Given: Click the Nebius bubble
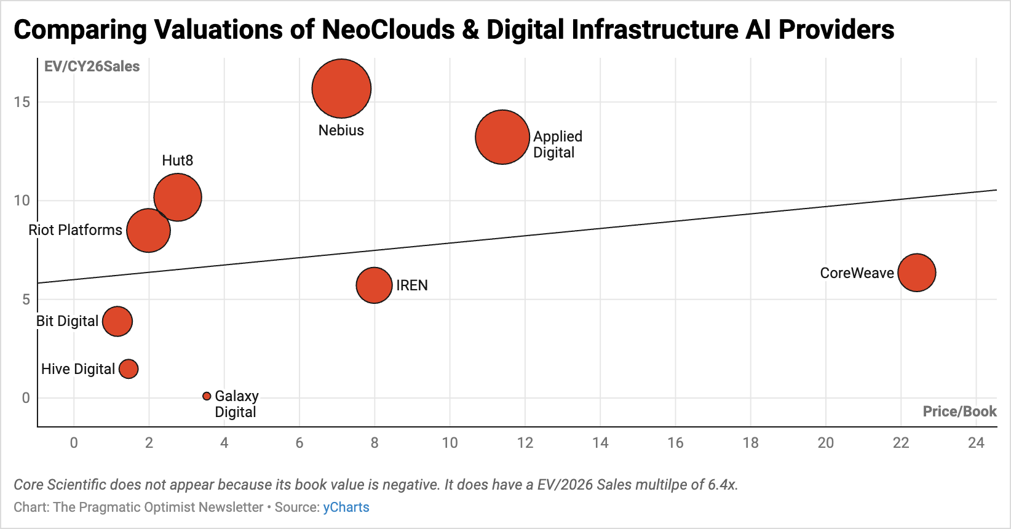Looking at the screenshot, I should pyautogui.click(x=341, y=89).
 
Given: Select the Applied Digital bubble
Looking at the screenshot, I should pyautogui.click(x=502, y=137).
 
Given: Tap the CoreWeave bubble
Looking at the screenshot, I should pyautogui.click(x=916, y=272).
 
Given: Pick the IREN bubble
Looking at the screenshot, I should pyautogui.click(x=374, y=285).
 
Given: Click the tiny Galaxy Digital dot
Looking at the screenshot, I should pyautogui.click(x=207, y=396).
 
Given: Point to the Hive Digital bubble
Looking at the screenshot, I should pyautogui.click(x=129, y=369).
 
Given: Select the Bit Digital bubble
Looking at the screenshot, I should pyautogui.click(x=117, y=321).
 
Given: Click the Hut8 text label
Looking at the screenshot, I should pyautogui.click(x=178, y=161).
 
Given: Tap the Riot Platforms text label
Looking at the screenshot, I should pyautogui.click(x=76, y=230).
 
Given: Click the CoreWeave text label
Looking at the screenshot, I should pyautogui.click(x=857, y=273).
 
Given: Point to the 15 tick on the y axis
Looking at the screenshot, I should pyautogui.click(x=22, y=102).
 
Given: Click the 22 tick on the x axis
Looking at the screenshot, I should pyautogui.click(x=900, y=443).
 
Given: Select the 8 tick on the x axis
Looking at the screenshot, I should pyautogui.click(x=374, y=443).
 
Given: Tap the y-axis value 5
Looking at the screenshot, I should pyautogui.click(x=26, y=300).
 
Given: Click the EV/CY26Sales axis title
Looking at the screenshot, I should pyautogui.click(x=92, y=66).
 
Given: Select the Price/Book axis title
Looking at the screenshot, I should pyautogui.click(x=959, y=412).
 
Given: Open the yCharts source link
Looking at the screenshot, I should pyautogui.click(x=346, y=507).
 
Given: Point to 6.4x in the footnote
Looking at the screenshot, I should pyautogui.click(x=722, y=485).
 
